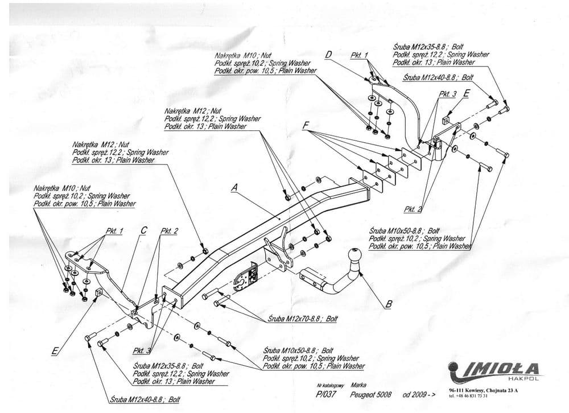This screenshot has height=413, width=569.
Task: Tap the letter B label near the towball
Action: [x=389, y=304]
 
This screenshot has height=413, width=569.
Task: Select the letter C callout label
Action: [x=143, y=230]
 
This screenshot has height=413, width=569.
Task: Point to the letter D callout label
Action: [x=328, y=55]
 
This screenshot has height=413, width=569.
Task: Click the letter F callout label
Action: [x=306, y=125]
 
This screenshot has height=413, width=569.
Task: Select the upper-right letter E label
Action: [x=467, y=94]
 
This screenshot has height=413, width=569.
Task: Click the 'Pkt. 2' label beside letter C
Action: [x=169, y=231]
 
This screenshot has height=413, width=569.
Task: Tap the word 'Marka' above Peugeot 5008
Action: [x=359, y=385]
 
